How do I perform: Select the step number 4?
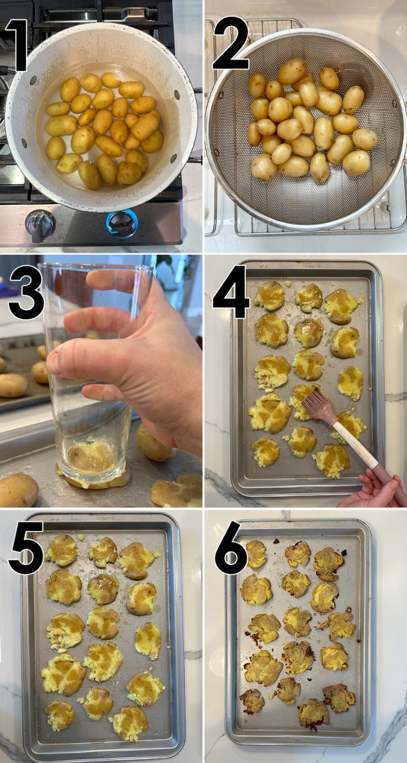click(x=230, y=294)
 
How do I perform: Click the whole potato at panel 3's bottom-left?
click(x=17, y=490)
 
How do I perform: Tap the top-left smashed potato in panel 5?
click(x=61, y=551)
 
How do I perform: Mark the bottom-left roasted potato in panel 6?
click(x=251, y=700)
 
